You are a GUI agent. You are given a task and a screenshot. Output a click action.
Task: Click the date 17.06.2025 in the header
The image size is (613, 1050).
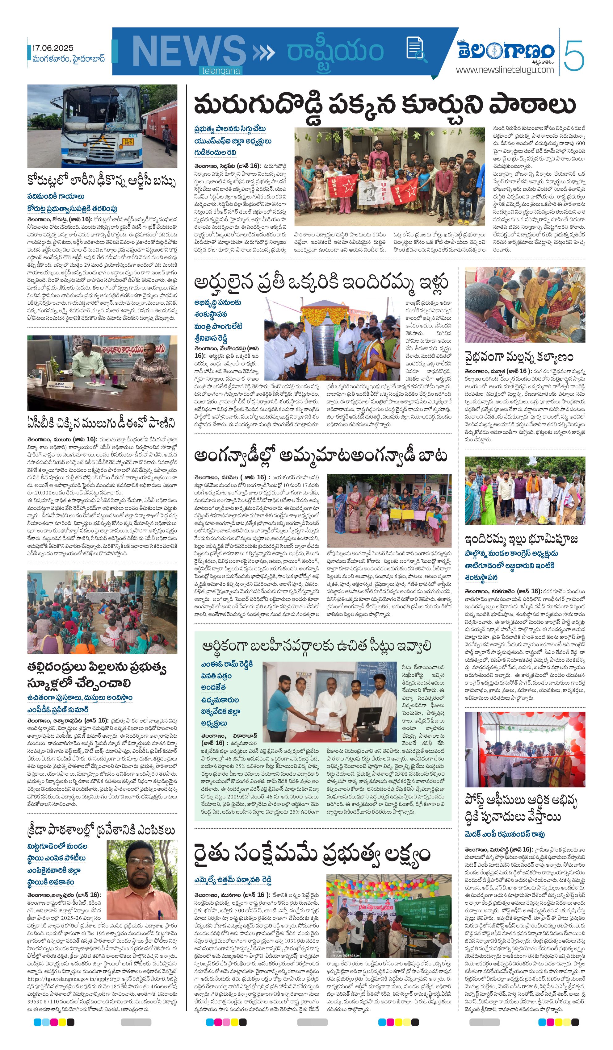pyautogui.click(x=52, y=48)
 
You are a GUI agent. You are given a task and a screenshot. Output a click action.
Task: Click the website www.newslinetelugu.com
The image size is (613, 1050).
pyautogui.click(x=505, y=69)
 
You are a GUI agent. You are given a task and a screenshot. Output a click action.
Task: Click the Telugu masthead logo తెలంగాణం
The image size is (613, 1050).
pyautogui.click(x=506, y=50)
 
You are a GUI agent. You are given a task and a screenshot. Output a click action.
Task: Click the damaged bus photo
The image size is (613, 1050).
pyautogui.click(x=102, y=126)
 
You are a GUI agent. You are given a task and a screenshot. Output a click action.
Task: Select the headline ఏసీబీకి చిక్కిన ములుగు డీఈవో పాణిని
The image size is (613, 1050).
pyautogui.click(x=101, y=423)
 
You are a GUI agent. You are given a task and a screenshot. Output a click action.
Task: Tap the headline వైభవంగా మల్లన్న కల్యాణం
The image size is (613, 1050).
pyautogui.click(x=519, y=357)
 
